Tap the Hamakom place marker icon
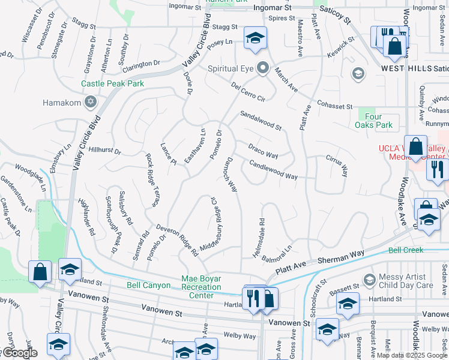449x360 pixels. [x=91, y=103]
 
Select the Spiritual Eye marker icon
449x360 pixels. [x=262, y=68]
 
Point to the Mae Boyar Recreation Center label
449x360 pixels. [x=202, y=287]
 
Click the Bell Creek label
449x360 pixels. [x=406, y=250]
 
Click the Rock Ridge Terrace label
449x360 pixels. [x=152, y=180]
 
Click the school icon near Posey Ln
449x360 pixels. [x=255, y=38]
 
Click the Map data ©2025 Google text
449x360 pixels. [x=412, y=355]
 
